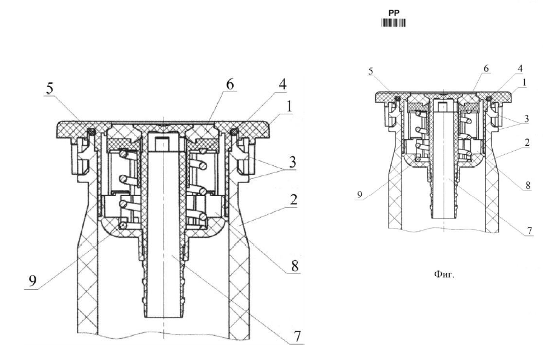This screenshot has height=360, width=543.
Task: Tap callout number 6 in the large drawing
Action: [x=230, y=85]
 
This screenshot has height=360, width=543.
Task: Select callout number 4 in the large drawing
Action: [x=283, y=84]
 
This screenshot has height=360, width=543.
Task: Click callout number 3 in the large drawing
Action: [x=292, y=162]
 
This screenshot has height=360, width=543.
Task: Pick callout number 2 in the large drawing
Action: [x=294, y=199]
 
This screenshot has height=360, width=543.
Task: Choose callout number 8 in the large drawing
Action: [x=295, y=266]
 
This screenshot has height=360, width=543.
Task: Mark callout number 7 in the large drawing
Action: [x=297, y=336]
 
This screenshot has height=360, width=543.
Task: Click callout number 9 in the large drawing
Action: [x=32, y=281]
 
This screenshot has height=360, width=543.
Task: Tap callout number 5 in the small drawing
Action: [x=371, y=71]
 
